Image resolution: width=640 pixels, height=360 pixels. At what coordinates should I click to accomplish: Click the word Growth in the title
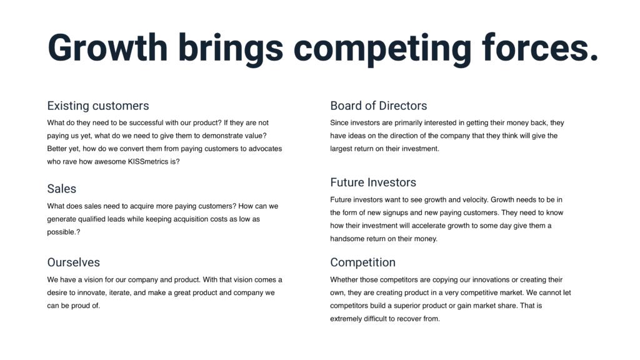tap(107, 47)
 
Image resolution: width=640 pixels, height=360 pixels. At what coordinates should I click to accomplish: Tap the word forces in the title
tap(539, 47)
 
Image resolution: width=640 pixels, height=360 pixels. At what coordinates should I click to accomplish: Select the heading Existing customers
tap(98, 106)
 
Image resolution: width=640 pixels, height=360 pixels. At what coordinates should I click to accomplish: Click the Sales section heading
tap(62, 189)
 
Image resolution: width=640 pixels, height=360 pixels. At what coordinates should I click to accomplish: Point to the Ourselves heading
tap(74, 262)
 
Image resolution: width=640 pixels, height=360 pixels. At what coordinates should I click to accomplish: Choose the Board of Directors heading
tap(378, 106)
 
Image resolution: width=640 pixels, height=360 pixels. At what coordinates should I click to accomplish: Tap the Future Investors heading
tap(373, 182)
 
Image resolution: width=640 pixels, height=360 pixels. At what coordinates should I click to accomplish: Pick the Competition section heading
tap(363, 262)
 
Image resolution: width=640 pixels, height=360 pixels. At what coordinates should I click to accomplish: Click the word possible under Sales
tap(62, 232)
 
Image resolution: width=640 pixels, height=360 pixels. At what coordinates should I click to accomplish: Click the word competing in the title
tap(382, 49)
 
